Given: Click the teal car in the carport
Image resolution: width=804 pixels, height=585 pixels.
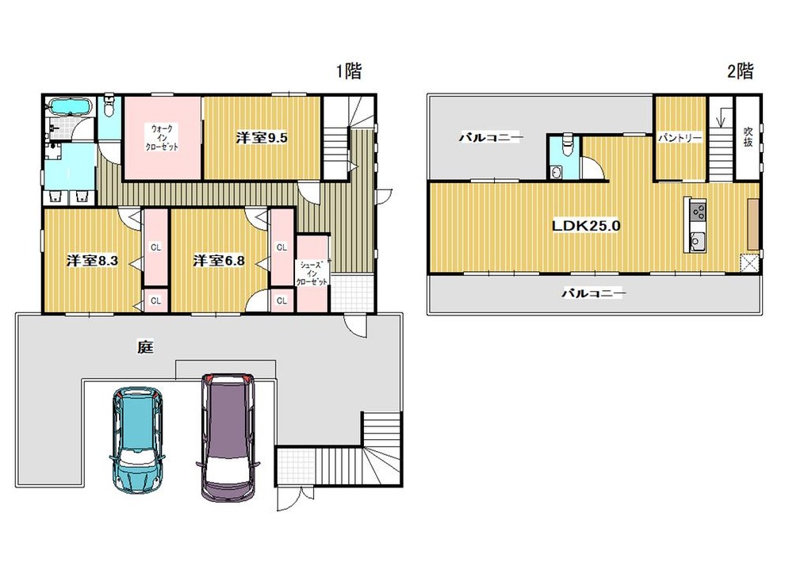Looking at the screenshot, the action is [x=137, y=439].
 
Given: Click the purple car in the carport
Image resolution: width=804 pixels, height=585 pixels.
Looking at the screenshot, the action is [x=228, y=437].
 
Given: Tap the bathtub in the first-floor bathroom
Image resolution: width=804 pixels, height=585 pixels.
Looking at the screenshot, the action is [x=70, y=107].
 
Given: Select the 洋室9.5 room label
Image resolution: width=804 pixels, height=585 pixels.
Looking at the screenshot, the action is [x=262, y=137].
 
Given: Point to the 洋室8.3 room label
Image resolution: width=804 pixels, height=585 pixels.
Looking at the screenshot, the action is [x=92, y=261].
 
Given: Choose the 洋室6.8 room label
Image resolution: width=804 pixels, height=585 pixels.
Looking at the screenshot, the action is [x=219, y=261].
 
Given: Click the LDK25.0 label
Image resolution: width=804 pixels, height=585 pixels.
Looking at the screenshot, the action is [x=586, y=226].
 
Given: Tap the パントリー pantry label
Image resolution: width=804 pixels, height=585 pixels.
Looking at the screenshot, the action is [x=680, y=138].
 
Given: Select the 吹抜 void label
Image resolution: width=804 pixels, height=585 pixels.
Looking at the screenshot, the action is [x=748, y=137].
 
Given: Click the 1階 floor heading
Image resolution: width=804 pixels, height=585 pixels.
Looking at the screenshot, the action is [x=349, y=71].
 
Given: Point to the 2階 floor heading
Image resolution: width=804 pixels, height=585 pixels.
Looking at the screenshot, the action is [x=741, y=71].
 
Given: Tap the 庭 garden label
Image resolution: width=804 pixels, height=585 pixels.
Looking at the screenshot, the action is [x=146, y=347].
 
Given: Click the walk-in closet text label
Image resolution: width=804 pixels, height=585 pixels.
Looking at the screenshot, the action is [x=162, y=137].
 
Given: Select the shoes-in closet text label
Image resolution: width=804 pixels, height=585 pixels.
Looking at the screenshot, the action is [x=312, y=273].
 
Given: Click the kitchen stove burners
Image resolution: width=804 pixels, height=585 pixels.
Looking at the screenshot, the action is [x=698, y=211].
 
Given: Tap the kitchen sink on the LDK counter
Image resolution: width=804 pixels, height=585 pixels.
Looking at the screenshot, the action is [x=697, y=240].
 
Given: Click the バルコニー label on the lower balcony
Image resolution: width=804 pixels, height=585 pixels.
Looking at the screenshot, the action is [x=593, y=293].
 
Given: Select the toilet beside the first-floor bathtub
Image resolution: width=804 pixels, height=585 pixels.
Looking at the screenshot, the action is [x=109, y=105].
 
